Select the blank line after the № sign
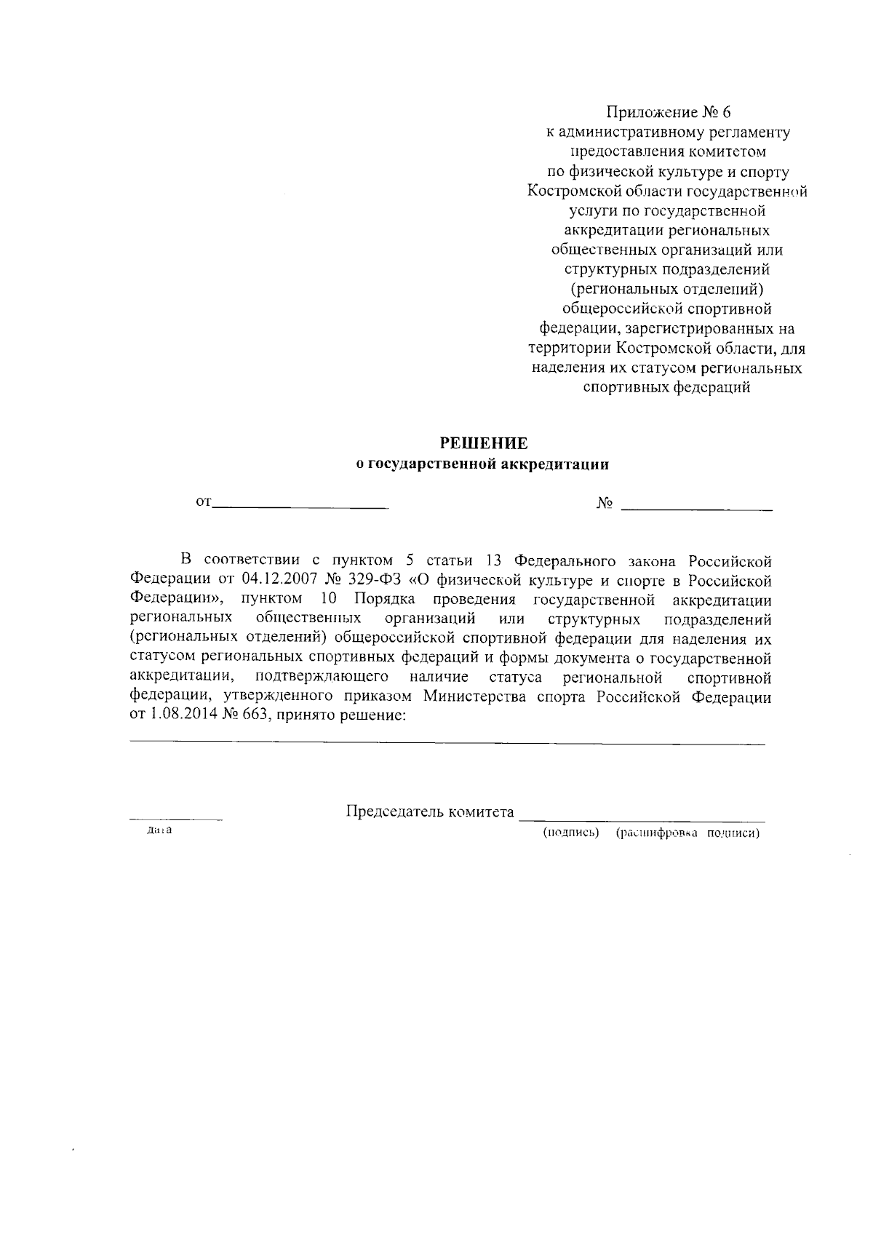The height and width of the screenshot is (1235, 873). click(x=696, y=509)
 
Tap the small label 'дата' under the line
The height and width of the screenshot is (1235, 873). click(x=159, y=830)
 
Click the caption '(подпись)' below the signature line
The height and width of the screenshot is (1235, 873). click(x=571, y=833)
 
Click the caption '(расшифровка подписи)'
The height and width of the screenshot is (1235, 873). click(x=687, y=833)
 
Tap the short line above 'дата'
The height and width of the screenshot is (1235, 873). click(x=175, y=820)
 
